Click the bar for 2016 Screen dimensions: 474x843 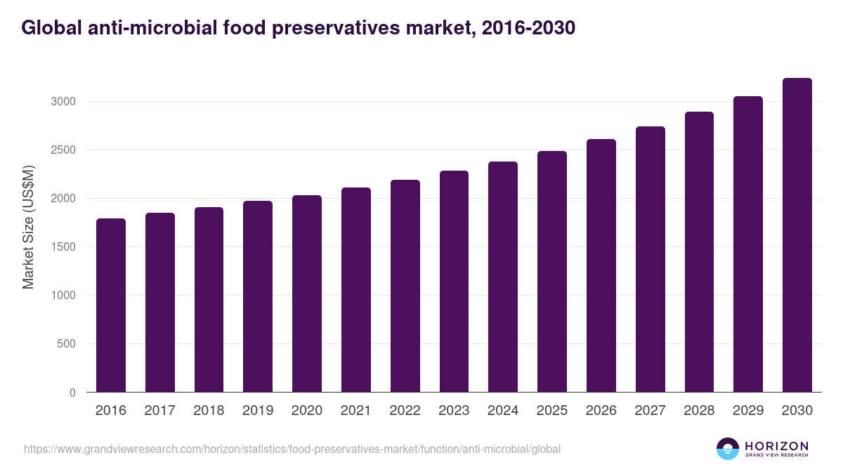(x=111, y=305)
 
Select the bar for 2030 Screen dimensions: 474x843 (x=797, y=235)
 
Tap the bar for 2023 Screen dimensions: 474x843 (x=454, y=282)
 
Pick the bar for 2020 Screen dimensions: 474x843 (x=307, y=294)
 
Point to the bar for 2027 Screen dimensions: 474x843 (x=650, y=259)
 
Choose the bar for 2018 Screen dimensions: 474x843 (x=209, y=300)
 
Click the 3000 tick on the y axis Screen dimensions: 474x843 (x=63, y=102)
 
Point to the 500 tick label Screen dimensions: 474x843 (x=66, y=344)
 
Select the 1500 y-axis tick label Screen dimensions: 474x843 (x=63, y=247)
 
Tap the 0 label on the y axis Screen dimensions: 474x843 (x=72, y=393)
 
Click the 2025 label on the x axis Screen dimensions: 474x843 (x=552, y=411)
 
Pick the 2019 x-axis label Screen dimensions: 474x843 (x=258, y=411)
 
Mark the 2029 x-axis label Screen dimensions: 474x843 (x=747, y=411)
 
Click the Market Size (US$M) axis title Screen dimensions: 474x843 (x=28, y=227)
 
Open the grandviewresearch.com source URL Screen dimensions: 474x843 (x=292, y=449)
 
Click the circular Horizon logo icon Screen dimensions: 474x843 (x=728, y=449)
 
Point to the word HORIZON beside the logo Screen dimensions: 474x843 (x=776, y=445)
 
